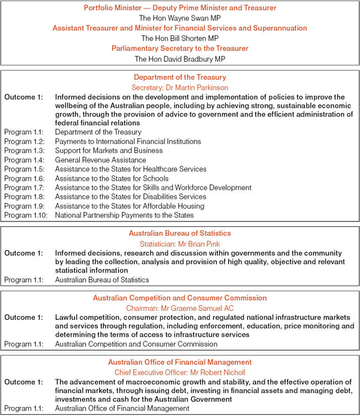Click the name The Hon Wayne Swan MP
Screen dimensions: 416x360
point(180,18)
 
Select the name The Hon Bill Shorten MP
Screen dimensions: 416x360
point(180,38)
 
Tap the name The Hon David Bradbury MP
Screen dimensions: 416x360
point(180,59)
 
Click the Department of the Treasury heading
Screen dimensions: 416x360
point(180,77)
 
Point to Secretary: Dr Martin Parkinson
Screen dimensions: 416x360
point(180,87)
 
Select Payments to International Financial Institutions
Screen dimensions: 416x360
point(128,142)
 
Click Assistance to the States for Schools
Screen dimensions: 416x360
point(120,178)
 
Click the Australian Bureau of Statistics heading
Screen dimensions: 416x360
point(180,234)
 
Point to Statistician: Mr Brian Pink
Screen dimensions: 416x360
point(180,243)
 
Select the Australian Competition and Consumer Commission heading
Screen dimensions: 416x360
point(180,298)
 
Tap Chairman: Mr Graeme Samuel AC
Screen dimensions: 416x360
point(180,308)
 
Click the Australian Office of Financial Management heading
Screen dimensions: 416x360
point(180,363)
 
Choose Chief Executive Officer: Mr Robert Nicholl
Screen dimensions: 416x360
point(180,372)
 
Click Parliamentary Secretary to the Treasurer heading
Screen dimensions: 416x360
point(180,49)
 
